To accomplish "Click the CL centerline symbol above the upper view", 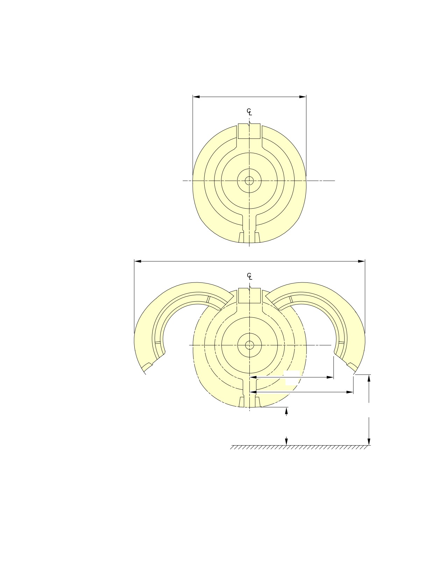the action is pos(249,112).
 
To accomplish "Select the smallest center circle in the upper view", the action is pos(249,181).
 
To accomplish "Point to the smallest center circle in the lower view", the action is pos(250,345).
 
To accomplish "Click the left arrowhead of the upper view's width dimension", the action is pos(196,97).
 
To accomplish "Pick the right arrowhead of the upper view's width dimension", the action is pos(303,97).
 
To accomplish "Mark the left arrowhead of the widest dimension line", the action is pos(137,261).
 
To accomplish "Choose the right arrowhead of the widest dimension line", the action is pos(361,261).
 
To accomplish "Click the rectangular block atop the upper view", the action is pos(249,131).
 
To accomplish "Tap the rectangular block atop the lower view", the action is pos(249,296).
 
